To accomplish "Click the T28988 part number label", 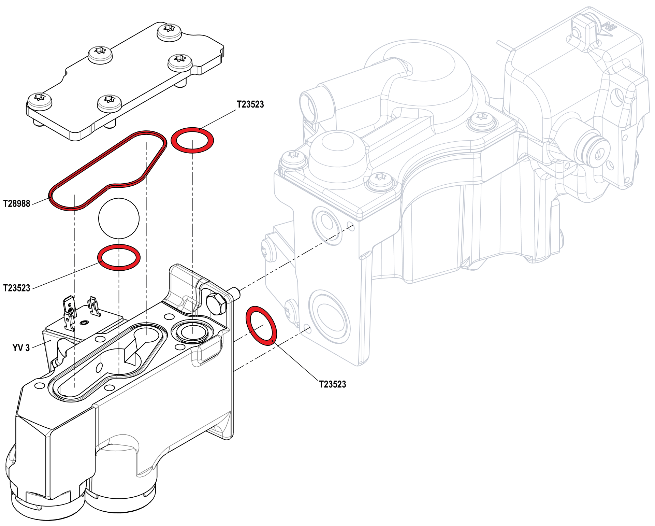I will (x=17, y=203).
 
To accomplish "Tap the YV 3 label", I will (x=21, y=348).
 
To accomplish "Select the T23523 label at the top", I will (x=250, y=104).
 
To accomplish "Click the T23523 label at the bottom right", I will (x=332, y=384).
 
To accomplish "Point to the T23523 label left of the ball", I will (x=17, y=288).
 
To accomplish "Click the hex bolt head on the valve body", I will (x=216, y=303).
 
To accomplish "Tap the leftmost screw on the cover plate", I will (x=40, y=99).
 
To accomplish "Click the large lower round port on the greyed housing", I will (x=329, y=317).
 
